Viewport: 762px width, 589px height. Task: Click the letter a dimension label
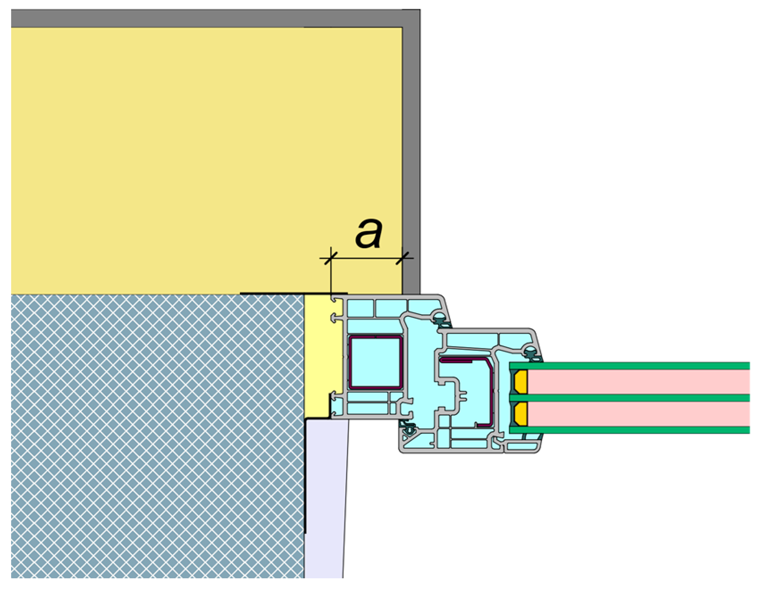[x=369, y=233]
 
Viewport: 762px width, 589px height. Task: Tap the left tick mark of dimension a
[x=331, y=258]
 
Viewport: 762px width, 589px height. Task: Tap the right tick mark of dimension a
[x=402, y=258]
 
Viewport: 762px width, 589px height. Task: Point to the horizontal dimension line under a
[x=367, y=258]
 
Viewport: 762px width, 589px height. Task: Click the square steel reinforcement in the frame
[x=376, y=362]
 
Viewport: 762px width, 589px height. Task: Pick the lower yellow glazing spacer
[x=521, y=414]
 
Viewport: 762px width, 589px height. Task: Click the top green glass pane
[x=629, y=366]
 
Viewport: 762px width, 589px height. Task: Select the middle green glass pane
[x=629, y=398]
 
